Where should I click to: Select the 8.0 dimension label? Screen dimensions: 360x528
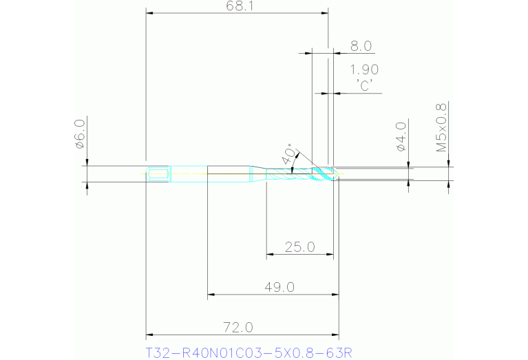point(361,46)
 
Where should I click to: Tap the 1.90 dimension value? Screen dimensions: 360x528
point(363,70)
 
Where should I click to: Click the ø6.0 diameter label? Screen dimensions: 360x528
point(79,134)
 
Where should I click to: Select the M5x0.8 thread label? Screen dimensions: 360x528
point(441,127)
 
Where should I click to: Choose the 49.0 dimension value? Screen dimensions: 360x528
point(280,286)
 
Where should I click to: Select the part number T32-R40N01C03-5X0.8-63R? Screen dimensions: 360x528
point(249,353)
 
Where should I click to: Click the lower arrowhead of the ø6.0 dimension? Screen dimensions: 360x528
point(87,184)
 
